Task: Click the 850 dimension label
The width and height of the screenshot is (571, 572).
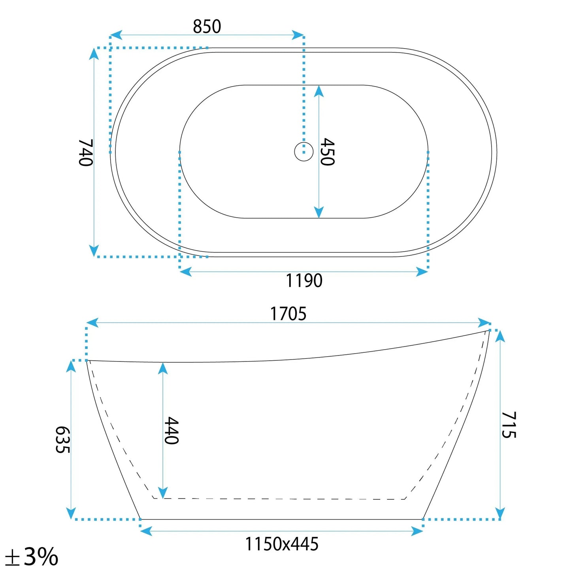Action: pos(207,26)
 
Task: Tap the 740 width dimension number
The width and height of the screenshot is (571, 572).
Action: pos(86,152)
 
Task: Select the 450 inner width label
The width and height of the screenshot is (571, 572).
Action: pos(328,152)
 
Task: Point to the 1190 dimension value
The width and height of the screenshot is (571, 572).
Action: pos(304,280)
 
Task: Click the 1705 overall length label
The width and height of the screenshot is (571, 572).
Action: pos(288,314)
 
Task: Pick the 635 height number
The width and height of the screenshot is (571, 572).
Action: pos(63,440)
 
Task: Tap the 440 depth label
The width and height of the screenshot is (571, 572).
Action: pos(171,431)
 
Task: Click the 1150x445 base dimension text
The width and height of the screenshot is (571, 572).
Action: pos(282,544)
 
